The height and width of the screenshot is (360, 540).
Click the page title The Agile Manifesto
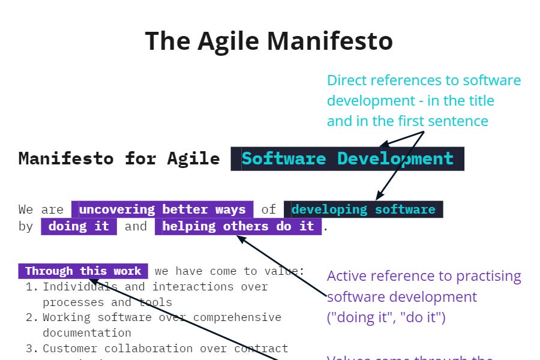269,41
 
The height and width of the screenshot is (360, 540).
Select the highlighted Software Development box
347,158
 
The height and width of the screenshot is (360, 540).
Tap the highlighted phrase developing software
363,209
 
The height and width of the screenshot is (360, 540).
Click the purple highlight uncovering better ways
162,209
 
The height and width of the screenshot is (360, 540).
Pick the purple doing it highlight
79,226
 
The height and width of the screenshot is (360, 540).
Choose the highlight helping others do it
238,226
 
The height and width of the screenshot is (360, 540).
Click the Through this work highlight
83,271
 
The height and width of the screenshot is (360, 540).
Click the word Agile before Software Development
193,158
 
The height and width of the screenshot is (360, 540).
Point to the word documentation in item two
87,333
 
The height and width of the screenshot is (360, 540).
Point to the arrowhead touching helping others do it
241,238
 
